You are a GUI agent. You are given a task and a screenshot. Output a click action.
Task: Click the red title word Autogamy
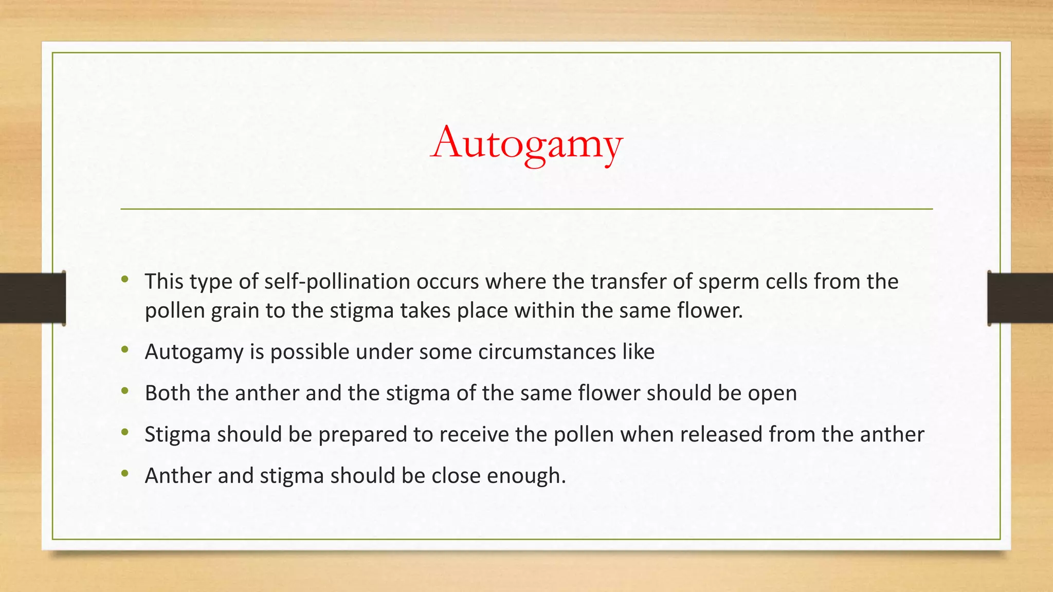[526, 143]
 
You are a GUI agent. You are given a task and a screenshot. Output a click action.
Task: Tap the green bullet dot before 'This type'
[125, 280]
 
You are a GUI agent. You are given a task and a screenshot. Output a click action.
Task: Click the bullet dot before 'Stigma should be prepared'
[125, 433]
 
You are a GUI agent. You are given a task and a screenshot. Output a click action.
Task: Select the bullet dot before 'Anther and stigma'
[125, 474]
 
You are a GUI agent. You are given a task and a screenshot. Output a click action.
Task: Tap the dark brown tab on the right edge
[1020, 298]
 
